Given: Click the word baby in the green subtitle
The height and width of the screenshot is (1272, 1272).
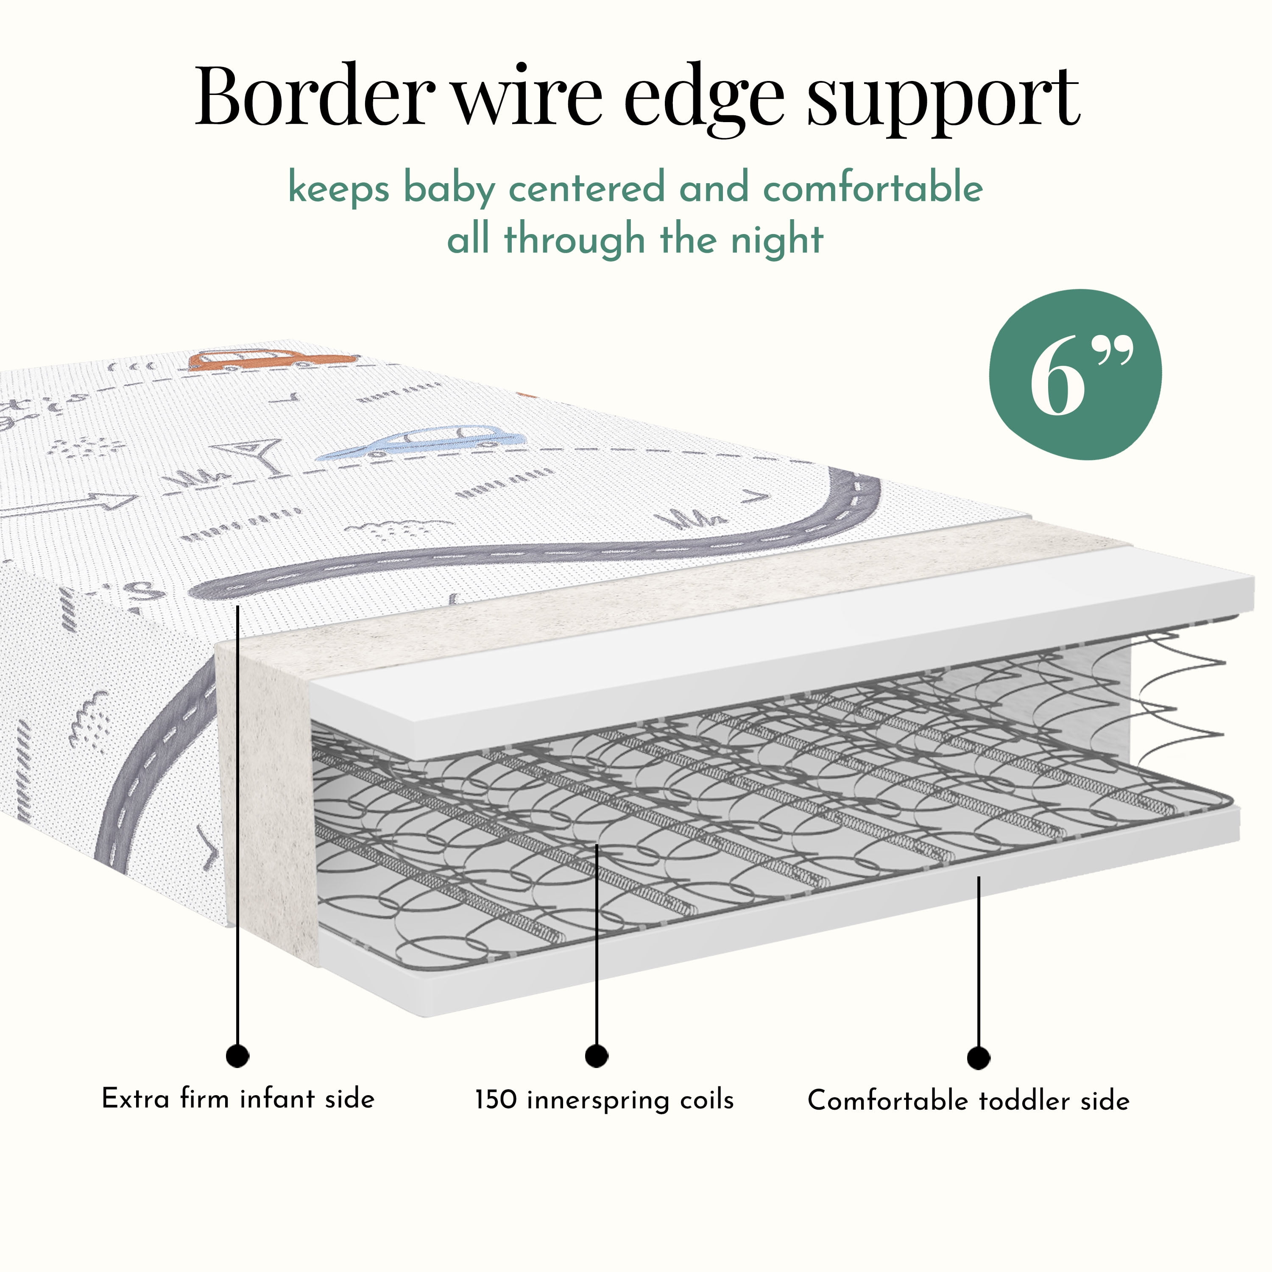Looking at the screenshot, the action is [448, 189].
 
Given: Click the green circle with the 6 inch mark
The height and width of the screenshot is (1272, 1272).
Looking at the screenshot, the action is [1076, 374].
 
